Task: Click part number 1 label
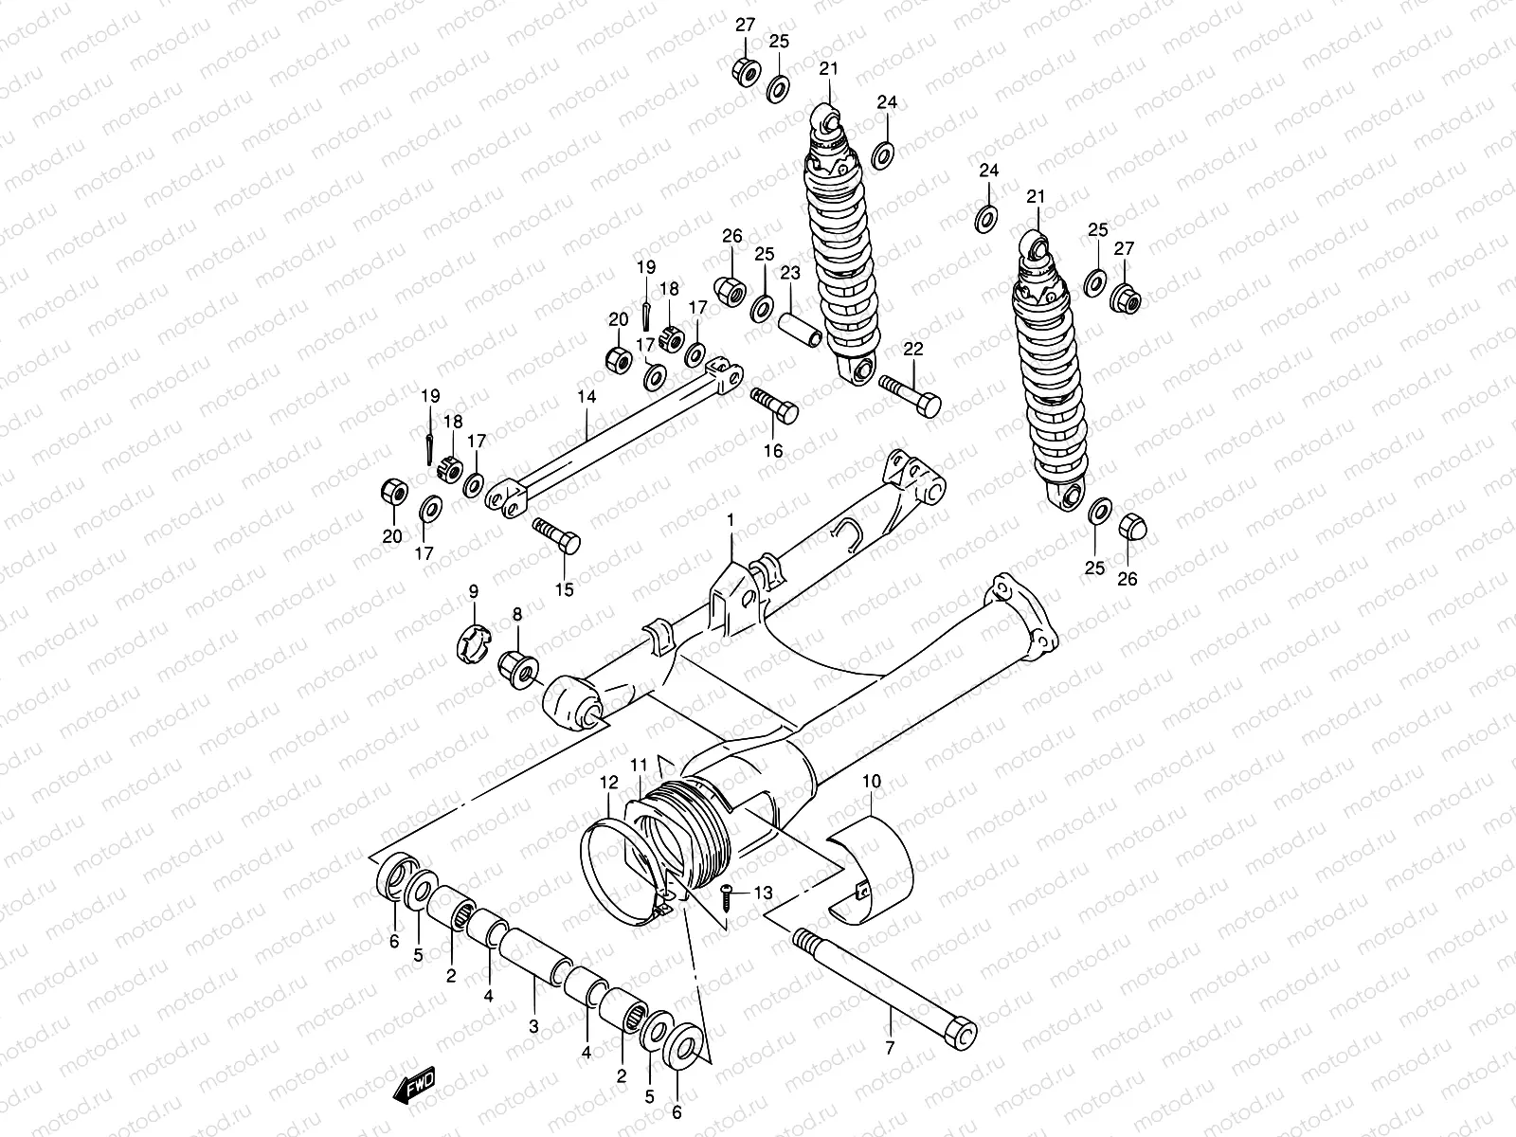(x=731, y=520)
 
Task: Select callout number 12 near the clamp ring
(x=607, y=783)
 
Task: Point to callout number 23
(x=790, y=274)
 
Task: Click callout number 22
(x=912, y=350)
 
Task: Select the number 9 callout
(x=474, y=591)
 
